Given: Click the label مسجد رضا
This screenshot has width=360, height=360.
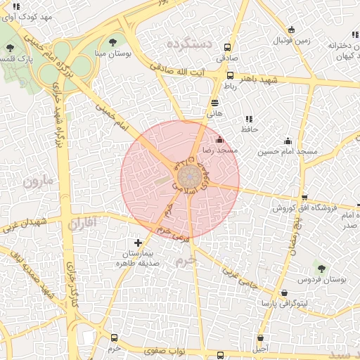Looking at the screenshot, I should [220, 150].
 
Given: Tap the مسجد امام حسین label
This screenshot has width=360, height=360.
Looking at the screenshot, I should [288, 151].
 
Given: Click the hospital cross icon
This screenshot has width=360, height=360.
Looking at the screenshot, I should [138, 243].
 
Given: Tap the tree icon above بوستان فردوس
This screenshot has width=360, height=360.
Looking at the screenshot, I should [321, 268].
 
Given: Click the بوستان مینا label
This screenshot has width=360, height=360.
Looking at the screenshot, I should [113, 53].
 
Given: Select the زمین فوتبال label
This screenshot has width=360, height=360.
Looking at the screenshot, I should [292, 41].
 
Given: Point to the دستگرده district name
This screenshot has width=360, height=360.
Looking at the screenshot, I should [189, 44].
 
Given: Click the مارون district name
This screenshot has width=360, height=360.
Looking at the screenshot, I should [37, 182].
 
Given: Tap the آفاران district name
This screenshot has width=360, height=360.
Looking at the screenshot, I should [86, 224].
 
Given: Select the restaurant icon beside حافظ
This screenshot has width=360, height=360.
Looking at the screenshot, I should [248, 119].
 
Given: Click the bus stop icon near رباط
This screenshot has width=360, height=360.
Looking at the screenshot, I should [230, 75].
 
